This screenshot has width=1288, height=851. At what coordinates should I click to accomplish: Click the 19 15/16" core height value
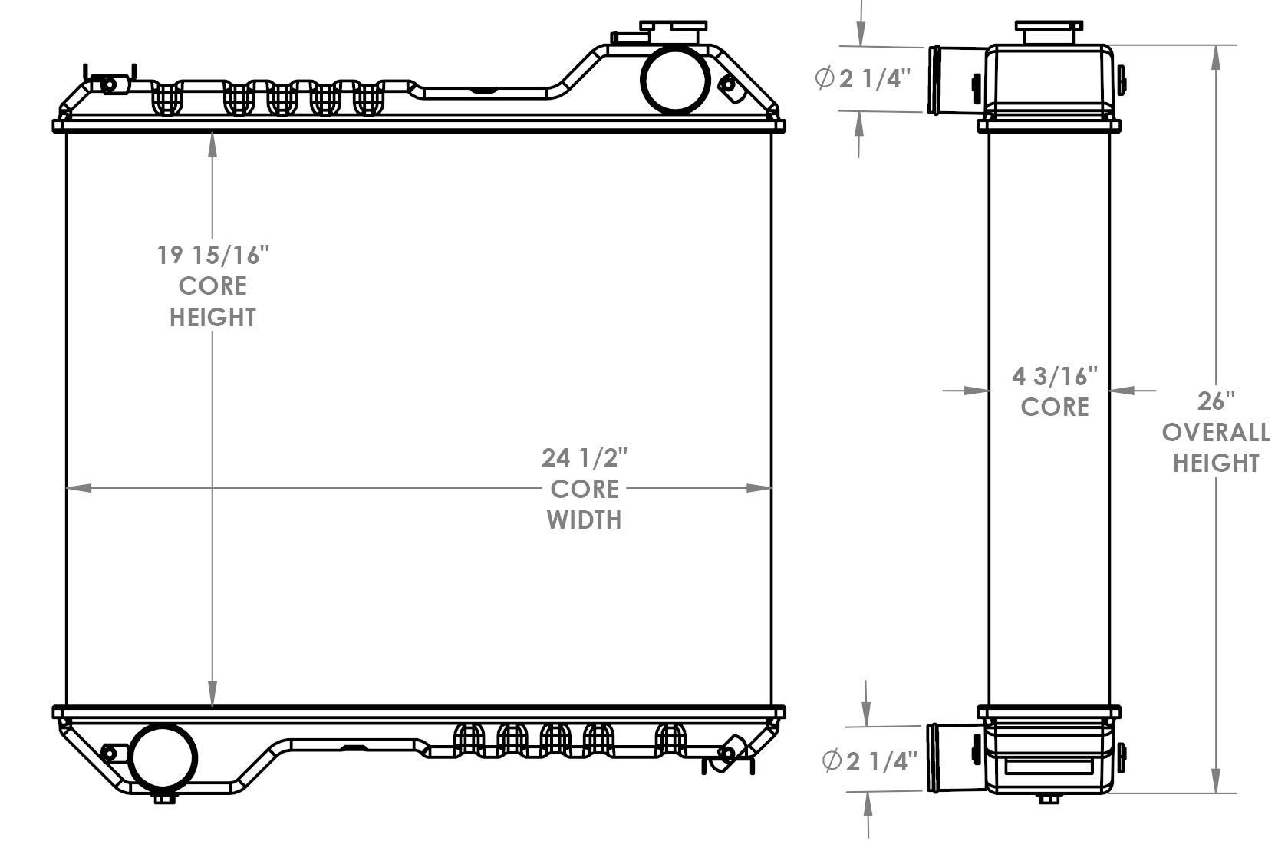point(214,255)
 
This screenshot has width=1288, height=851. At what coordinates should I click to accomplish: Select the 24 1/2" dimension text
point(585,458)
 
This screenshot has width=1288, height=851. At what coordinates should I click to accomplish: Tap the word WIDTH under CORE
point(585,520)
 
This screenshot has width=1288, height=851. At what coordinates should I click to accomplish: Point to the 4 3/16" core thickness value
point(1055,376)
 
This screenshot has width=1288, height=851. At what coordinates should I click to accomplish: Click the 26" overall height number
point(1216,401)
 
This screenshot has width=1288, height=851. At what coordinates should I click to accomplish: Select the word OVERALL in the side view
point(1216,433)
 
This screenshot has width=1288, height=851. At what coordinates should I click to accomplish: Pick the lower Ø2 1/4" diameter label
point(869,761)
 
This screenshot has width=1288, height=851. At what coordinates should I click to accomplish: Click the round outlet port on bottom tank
point(164,757)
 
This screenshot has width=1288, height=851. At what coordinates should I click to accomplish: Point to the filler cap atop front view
point(673,31)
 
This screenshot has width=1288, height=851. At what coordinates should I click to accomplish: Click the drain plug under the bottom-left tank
point(164,799)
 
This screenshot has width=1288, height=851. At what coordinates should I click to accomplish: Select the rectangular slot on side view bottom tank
point(1049,766)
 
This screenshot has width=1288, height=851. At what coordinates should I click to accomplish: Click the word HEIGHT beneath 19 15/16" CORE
point(212,318)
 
